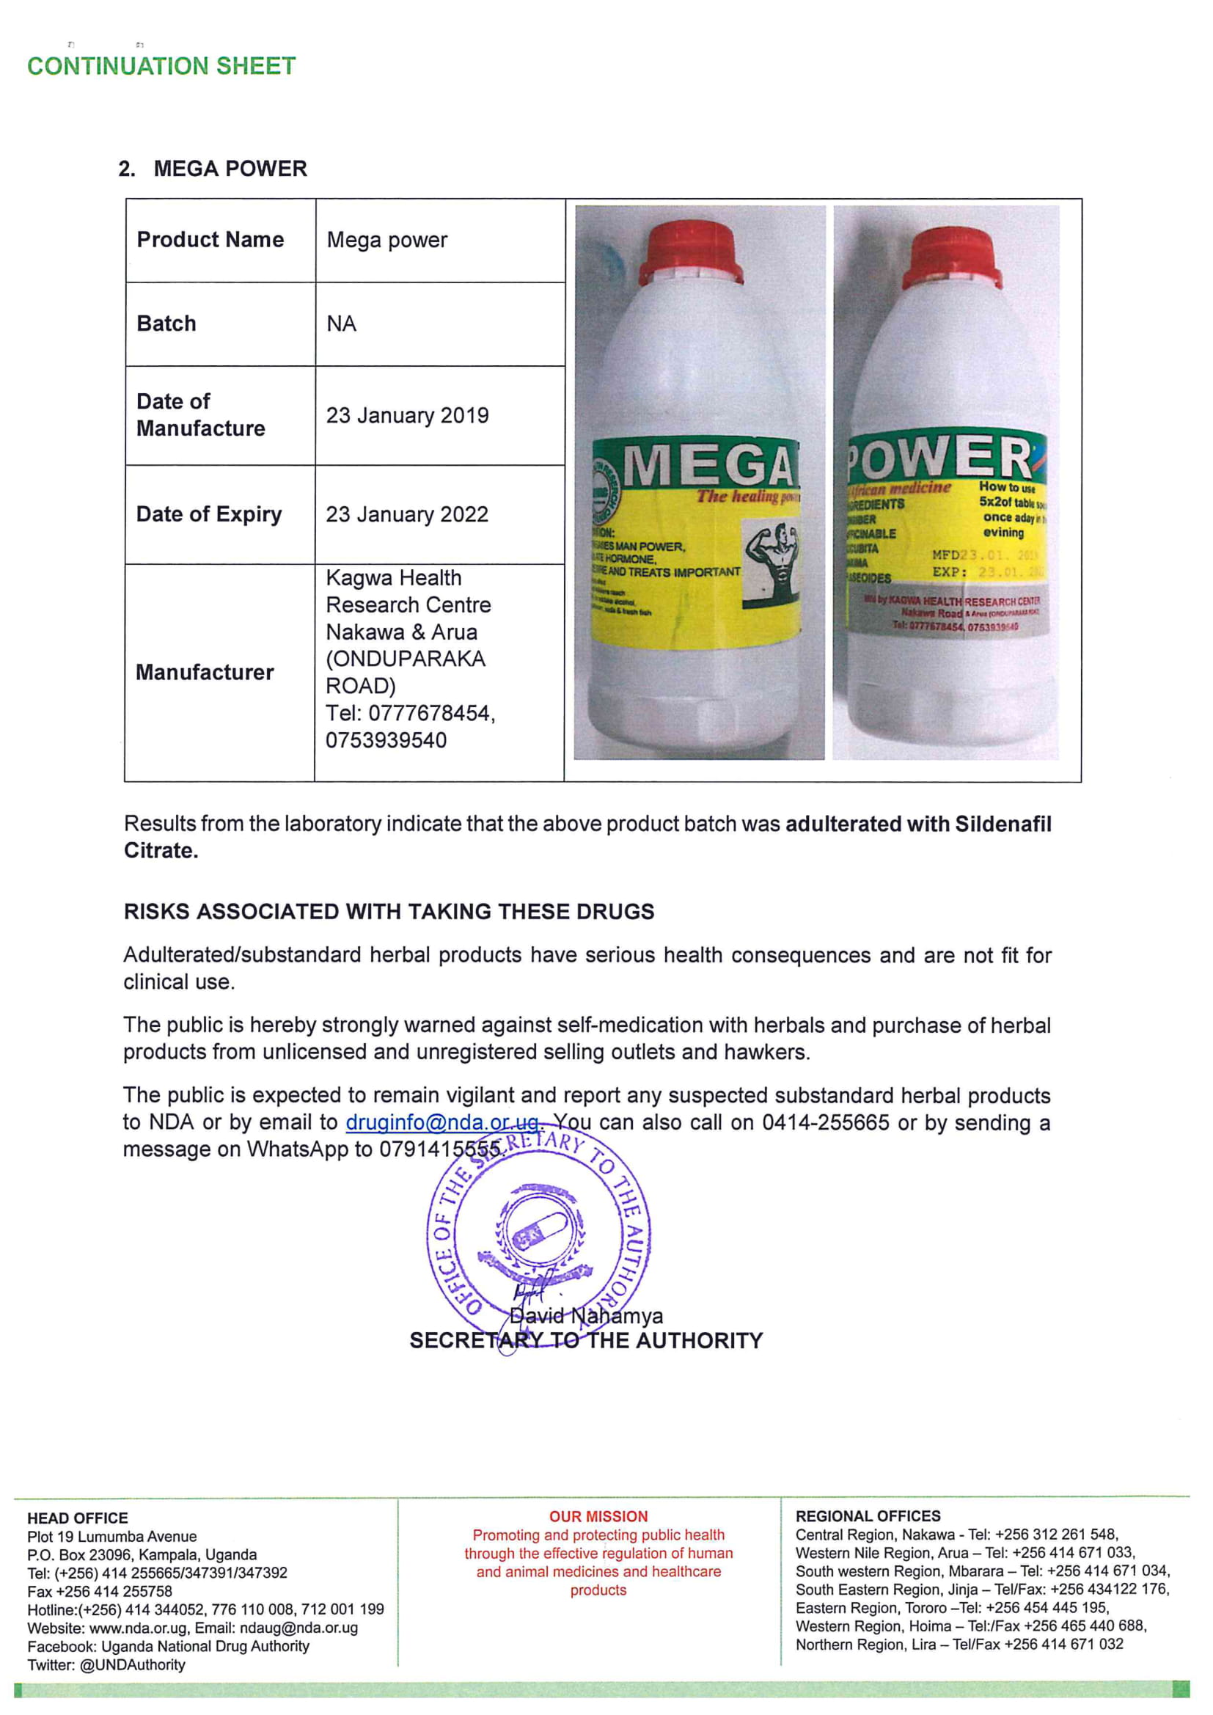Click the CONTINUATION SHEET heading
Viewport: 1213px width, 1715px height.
pos(161,66)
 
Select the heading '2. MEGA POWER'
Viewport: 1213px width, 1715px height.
pos(213,169)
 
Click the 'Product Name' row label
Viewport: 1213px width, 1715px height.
pos(210,240)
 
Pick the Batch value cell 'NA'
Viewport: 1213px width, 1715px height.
pos(341,324)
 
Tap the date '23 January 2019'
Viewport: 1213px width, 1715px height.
pos(407,415)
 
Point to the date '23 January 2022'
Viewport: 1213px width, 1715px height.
pos(407,515)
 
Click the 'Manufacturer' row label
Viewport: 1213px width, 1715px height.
pos(204,672)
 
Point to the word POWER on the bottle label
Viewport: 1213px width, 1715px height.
pos(942,457)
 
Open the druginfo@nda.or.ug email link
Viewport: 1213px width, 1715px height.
pos(442,1122)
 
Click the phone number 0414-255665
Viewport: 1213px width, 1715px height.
pos(825,1122)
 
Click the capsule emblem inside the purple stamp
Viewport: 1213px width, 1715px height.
pos(540,1232)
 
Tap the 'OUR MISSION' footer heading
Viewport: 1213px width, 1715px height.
pos(598,1516)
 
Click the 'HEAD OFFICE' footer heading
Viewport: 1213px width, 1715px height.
pos(78,1518)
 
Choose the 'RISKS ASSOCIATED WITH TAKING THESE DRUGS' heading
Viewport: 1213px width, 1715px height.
pos(389,912)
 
